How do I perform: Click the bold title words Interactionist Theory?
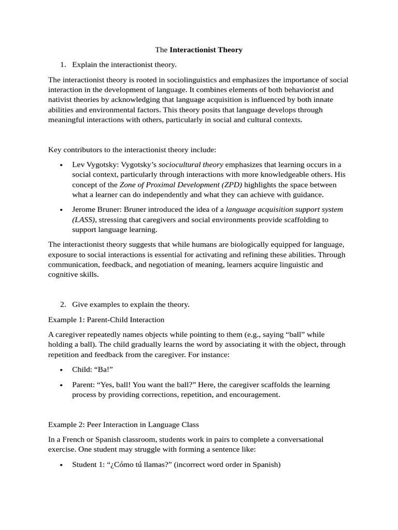[x=206, y=50]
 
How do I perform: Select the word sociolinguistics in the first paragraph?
[x=190, y=80]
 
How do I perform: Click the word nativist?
[x=60, y=100]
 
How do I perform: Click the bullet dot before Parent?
[x=61, y=386]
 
